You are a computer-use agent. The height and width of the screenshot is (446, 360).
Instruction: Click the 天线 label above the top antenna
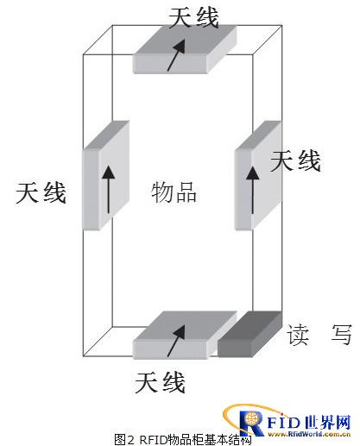193,18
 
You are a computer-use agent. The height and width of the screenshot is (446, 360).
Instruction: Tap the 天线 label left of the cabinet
41,192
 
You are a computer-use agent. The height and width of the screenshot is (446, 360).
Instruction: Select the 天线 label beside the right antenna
295,161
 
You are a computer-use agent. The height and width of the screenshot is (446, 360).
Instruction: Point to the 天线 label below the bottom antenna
160,382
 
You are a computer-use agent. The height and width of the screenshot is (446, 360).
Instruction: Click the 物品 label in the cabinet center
174,192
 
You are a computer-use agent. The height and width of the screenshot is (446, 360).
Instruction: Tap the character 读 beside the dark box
298,335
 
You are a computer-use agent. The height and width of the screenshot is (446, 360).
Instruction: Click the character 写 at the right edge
341,335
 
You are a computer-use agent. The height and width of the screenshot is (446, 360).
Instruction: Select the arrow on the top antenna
176,55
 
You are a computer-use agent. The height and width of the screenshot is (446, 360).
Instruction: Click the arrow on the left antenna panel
109,189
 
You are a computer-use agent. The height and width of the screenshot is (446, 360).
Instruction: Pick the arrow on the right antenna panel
252,190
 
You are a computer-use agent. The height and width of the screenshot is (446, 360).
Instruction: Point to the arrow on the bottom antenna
176,341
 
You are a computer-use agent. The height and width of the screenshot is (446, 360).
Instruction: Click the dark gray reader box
249,334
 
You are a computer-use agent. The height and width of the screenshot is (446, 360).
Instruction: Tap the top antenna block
185,49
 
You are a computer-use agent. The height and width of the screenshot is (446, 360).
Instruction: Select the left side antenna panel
105,175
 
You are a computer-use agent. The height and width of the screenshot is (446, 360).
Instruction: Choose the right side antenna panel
258,175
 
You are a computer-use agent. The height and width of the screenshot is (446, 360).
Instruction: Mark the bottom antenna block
185,336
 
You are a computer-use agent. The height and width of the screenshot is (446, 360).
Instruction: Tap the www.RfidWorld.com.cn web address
309,434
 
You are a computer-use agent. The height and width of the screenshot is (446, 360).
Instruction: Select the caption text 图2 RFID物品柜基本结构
183,440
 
